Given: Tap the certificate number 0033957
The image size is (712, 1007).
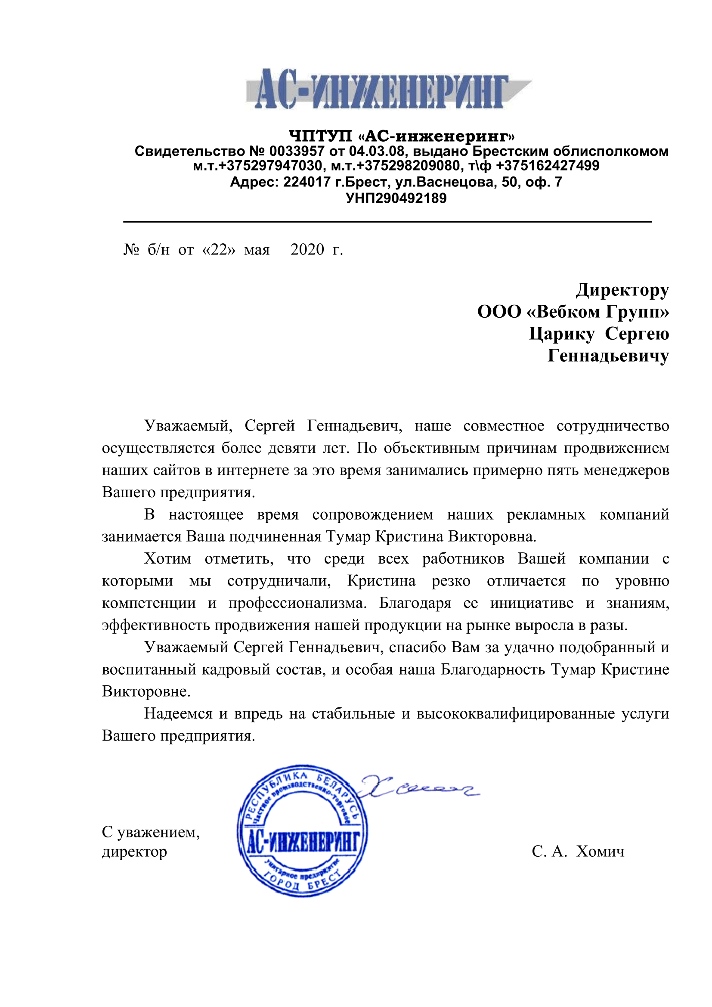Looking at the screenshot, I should pyautogui.click(x=297, y=151).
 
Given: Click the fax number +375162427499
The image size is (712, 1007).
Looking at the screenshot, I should pyautogui.click(x=548, y=166).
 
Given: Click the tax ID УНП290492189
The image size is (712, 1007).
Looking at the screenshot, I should pyautogui.click(x=396, y=198).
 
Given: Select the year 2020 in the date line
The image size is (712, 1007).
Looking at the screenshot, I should pyautogui.click(x=307, y=250).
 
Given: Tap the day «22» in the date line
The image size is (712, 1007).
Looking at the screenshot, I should pyautogui.click(x=219, y=250).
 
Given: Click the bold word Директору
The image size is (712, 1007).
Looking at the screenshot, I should pyautogui.click(x=622, y=290).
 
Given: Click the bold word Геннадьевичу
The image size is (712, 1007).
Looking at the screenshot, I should pyautogui.click(x=608, y=356).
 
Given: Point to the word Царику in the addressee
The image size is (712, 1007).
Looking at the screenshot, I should pyautogui.click(x=562, y=334).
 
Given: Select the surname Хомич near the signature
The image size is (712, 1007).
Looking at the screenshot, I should pyautogui.click(x=600, y=851).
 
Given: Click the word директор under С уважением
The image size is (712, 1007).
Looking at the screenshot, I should pyautogui.click(x=135, y=852).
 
